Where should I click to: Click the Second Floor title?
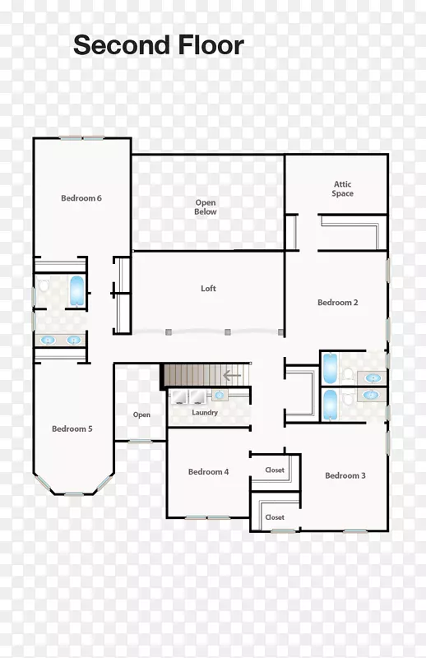coord(159,45)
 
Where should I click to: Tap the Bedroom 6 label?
coord(81,198)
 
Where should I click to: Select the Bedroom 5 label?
coord(72,429)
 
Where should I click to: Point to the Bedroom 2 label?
coord(337,303)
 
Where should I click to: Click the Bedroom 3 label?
coord(345,475)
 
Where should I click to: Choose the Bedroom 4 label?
coord(208,471)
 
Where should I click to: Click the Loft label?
coord(208,289)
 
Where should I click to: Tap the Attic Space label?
coord(342,189)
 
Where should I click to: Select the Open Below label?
coord(206,207)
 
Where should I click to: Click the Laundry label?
coord(205,413)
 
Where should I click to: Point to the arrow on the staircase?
coord(232,375)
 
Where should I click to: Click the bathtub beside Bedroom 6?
coord(76,290)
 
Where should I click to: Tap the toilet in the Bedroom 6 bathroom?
coord(43,285)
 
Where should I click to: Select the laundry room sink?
coord(220,395)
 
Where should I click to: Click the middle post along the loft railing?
coord(228,332)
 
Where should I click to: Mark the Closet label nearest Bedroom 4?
coord(275,470)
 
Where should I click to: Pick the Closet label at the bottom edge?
coord(275,517)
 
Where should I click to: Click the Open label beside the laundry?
coord(141,415)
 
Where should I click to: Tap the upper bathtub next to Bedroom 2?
coord(331,368)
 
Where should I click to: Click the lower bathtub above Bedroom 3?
coord(331,405)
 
